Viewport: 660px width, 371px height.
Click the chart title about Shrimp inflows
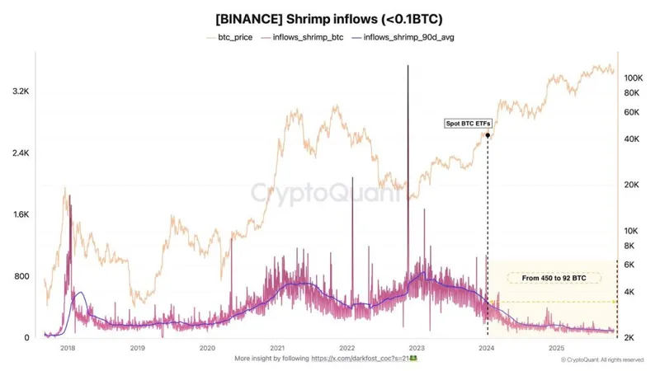[x=329, y=19]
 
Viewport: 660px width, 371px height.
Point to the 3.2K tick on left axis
[x=19, y=92]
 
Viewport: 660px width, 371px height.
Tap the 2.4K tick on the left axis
[x=19, y=153]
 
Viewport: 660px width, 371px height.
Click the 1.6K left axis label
[x=19, y=214]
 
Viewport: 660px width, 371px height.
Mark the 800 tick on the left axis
[x=21, y=276]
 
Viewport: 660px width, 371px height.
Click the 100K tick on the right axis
[x=634, y=77]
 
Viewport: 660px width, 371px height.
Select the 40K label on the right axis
[x=631, y=139]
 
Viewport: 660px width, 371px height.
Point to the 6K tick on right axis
[x=629, y=265]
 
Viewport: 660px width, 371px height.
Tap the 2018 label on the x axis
[x=68, y=348]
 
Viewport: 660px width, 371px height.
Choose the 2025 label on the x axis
[x=557, y=348]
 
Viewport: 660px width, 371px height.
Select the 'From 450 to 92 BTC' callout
[x=554, y=279]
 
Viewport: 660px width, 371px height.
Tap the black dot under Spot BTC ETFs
[x=488, y=135]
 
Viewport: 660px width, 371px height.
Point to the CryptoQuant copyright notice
[x=602, y=360]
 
